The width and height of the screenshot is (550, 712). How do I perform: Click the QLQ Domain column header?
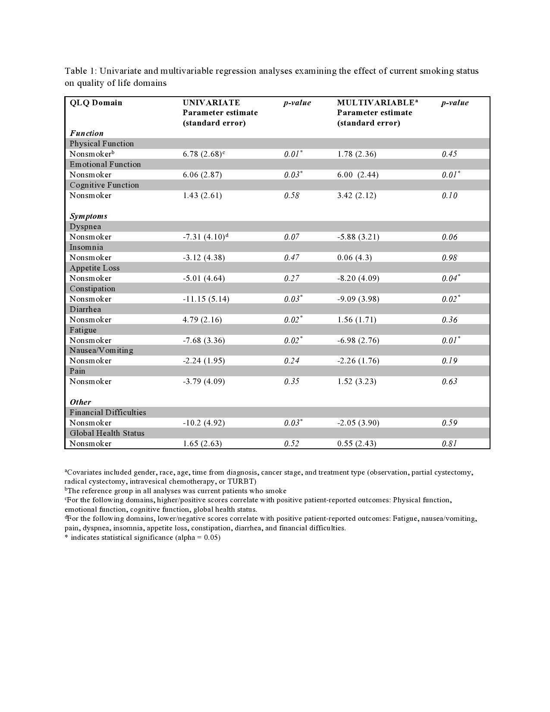pos(96,103)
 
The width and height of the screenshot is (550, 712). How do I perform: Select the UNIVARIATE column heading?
pos(211,103)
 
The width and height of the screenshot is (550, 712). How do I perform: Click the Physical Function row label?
pos(102,144)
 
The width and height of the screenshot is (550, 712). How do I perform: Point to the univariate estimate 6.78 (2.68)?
pos(202,154)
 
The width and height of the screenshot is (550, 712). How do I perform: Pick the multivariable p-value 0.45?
pos(449,154)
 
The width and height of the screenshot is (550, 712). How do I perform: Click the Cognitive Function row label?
pos(104,185)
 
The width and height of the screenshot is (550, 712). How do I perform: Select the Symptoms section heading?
pos(88,216)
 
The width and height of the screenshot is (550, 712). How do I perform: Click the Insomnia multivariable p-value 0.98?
pos(449,258)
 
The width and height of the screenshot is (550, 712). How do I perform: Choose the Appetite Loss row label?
pos(94,268)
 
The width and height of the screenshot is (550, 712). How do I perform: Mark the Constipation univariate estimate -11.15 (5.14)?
pos(206,299)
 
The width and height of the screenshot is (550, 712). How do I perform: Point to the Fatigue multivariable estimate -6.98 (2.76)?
pos(358,340)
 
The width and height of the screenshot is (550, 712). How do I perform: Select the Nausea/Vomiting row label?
pos(101,350)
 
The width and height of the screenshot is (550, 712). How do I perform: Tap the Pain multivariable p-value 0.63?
pos(449,381)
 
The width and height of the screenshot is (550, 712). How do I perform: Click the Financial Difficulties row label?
pos(108,413)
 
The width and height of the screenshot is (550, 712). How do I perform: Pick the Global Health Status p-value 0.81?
pos(449,444)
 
